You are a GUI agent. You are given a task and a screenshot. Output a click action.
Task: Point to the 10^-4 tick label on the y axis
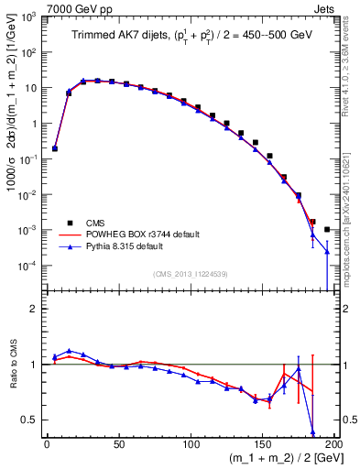[27, 266]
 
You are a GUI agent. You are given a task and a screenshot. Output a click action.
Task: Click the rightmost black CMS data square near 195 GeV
[328, 229]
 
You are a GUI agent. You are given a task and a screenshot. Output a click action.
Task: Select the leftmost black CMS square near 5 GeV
[55, 148]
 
